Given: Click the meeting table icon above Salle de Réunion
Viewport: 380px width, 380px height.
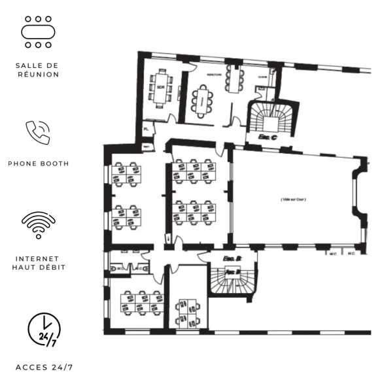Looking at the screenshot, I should click(37, 32).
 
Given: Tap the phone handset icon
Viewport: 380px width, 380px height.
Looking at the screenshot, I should click(37, 132).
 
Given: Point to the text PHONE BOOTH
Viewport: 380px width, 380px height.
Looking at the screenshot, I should click(38, 164).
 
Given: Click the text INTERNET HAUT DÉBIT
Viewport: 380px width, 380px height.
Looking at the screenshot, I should click(38, 263).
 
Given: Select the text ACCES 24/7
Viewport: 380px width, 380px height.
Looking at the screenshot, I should click(44, 367).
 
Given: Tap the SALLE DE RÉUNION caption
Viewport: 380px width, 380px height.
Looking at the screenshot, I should click(37, 70).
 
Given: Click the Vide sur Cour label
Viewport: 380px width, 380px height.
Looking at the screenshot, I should click(294, 199).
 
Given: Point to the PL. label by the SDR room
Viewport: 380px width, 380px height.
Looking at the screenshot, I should click(147, 130).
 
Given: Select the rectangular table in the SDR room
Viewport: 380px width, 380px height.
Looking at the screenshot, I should click(160, 87).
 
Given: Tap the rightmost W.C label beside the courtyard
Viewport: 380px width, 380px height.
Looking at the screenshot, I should click(351, 253).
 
